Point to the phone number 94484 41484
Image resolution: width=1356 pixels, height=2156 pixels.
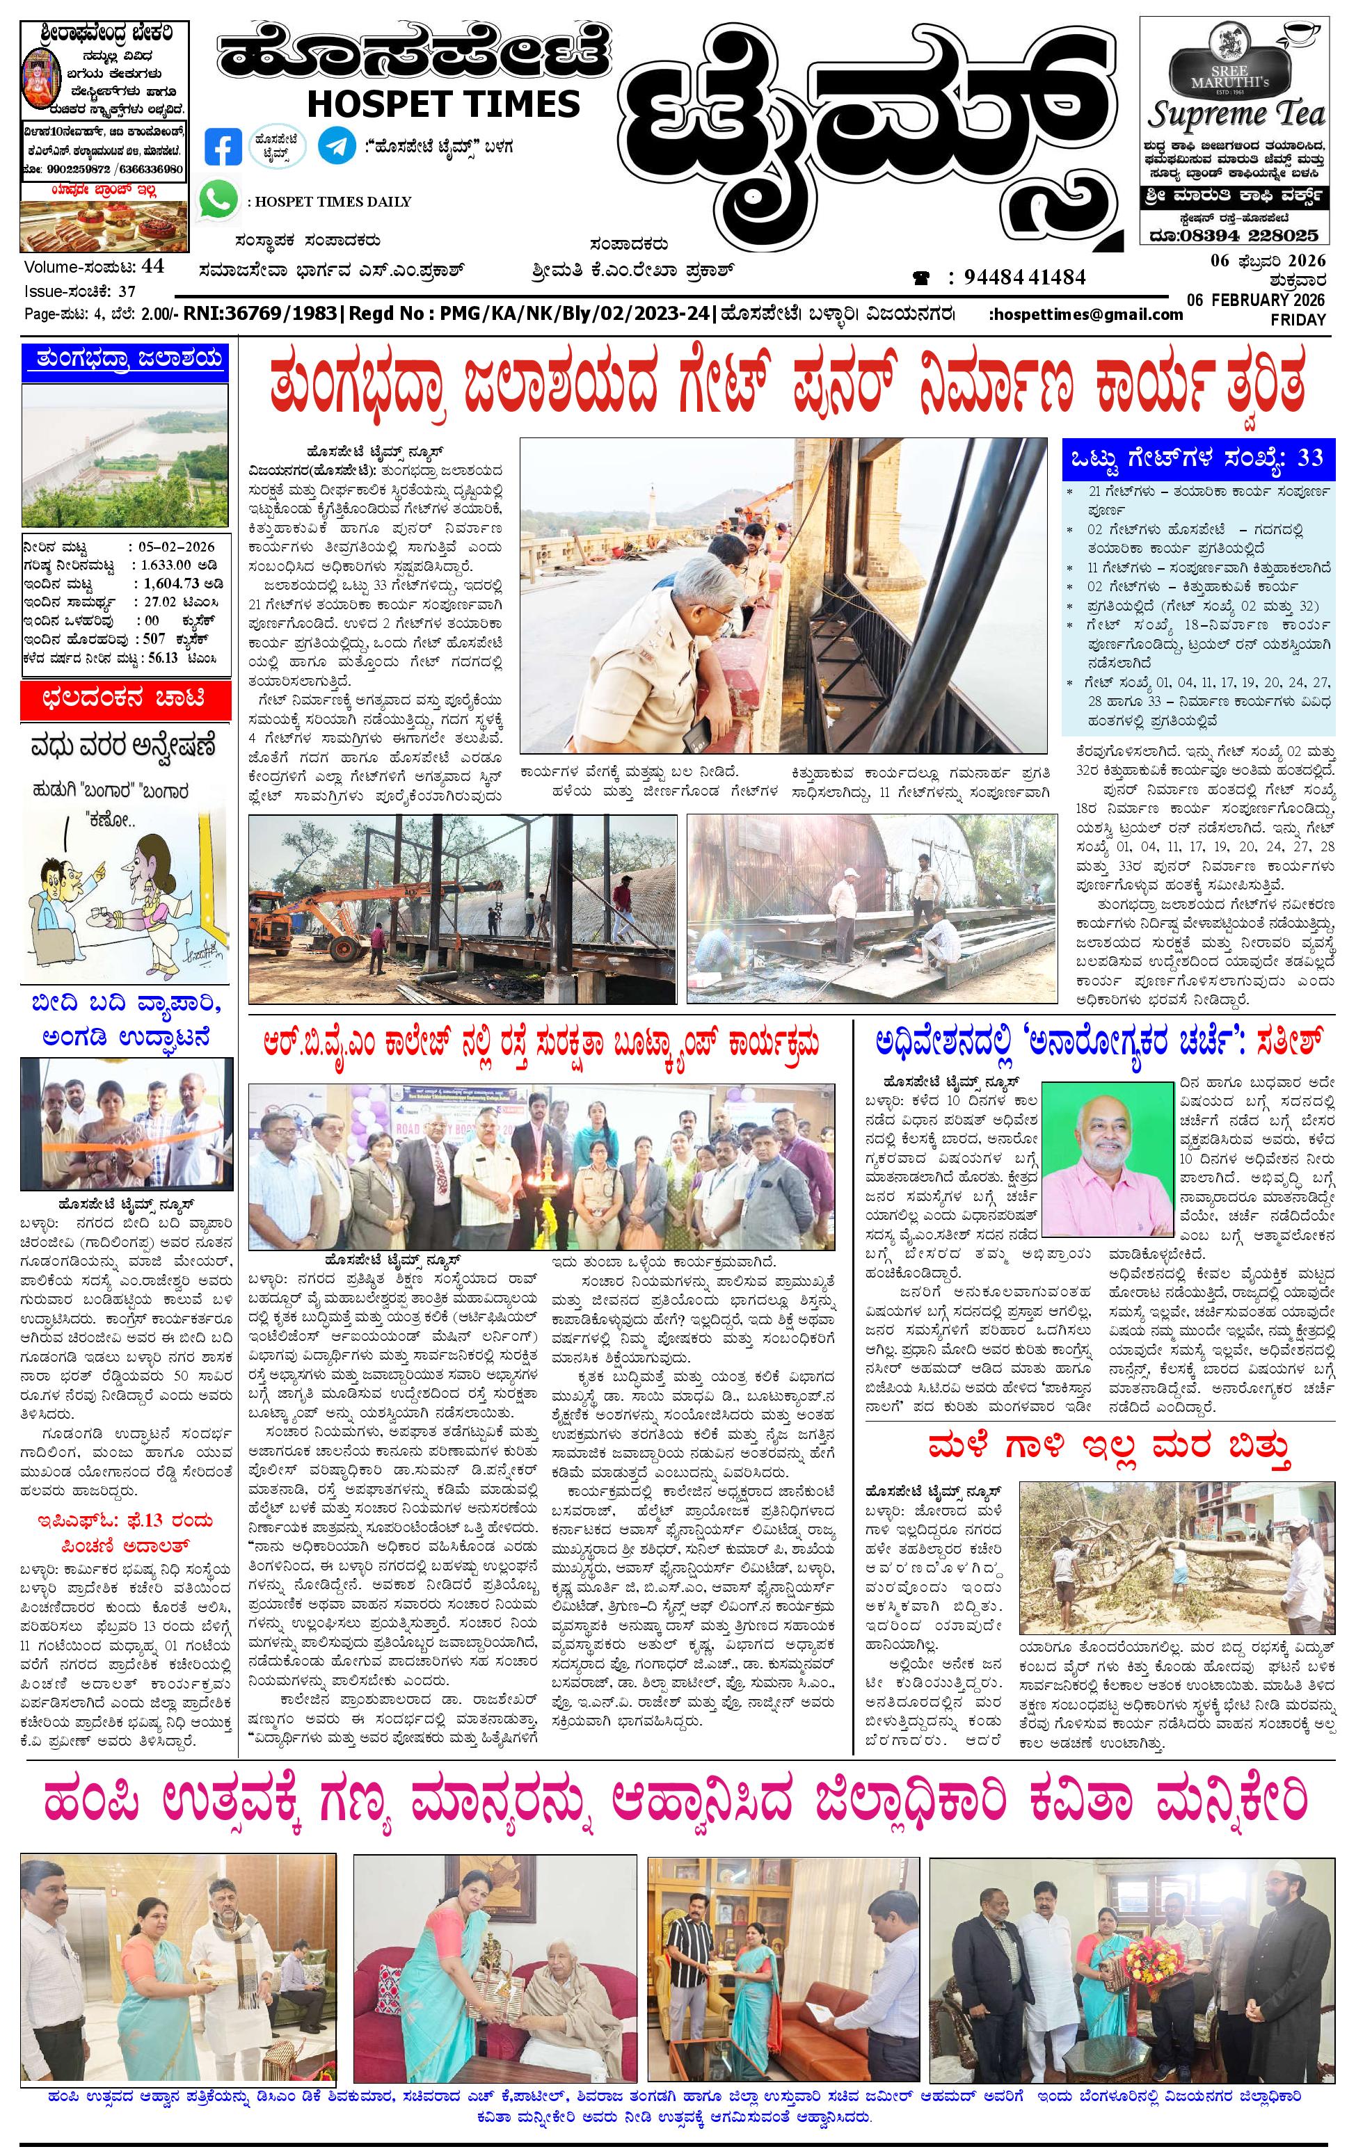click(1025, 277)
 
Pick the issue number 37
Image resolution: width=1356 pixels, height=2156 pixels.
click(127, 290)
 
